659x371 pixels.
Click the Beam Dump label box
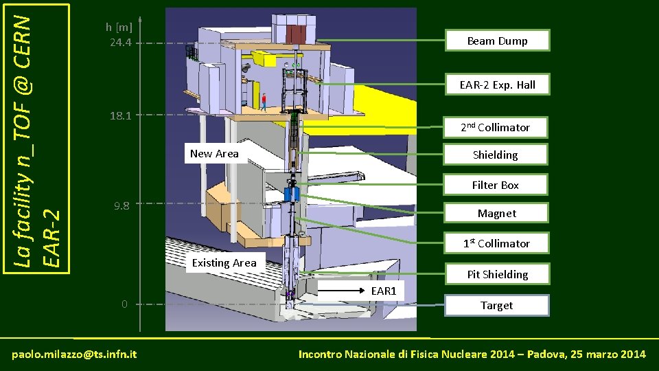click(497, 41)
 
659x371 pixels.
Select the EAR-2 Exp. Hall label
click(497, 85)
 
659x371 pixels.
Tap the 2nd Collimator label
click(495, 127)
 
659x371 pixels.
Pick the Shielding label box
click(495, 155)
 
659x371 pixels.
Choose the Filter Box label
click(495, 185)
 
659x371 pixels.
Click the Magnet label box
click(497, 213)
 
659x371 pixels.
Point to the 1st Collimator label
click(496, 243)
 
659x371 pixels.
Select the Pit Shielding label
click(497, 274)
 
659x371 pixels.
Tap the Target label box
click(497, 305)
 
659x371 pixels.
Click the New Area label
click(214, 153)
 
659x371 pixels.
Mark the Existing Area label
click(224, 262)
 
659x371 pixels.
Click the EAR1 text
click(384, 291)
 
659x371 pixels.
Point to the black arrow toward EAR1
click(343, 291)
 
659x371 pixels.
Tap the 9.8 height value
click(122, 205)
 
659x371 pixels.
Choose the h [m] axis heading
click(119, 27)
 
